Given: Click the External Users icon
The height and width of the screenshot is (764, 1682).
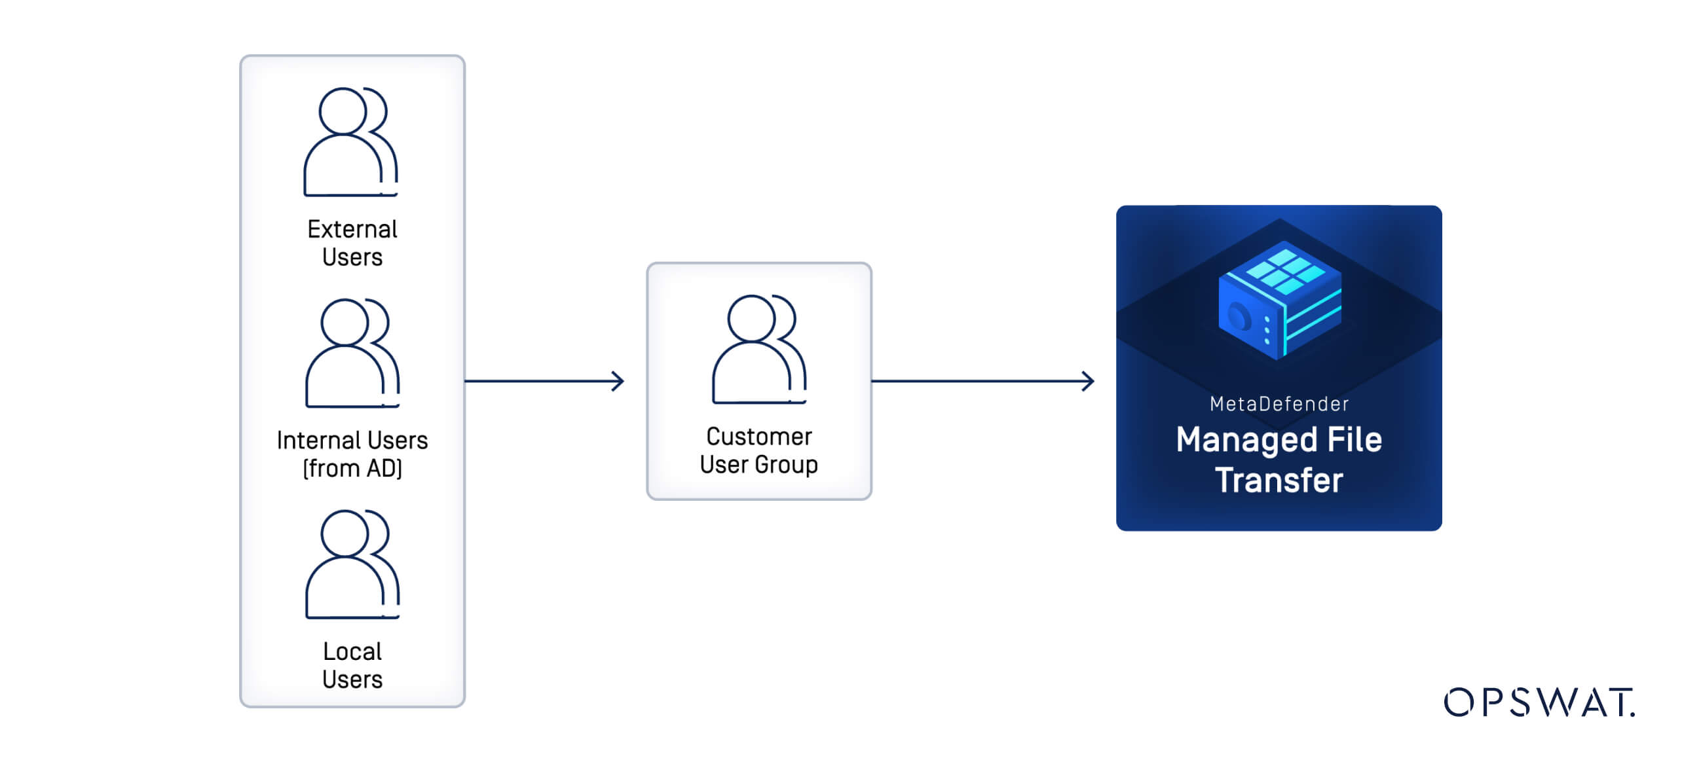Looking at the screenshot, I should [x=350, y=142].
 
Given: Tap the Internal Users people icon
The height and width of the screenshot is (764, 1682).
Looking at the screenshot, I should [x=352, y=354].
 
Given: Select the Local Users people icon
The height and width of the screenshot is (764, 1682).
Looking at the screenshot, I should [x=352, y=564].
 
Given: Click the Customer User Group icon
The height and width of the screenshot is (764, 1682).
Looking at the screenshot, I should [x=759, y=350].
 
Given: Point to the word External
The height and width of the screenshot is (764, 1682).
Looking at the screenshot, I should [x=352, y=229].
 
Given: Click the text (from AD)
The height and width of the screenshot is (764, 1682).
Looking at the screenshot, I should [x=352, y=469].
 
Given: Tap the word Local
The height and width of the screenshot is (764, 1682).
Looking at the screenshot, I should [x=352, y=651].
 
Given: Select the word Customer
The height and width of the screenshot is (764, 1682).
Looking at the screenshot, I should [x=759, y=437].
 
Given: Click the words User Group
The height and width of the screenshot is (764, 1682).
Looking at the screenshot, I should [x=758, y=465].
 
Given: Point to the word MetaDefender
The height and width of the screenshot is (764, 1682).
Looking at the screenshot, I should [x=1279, y=404].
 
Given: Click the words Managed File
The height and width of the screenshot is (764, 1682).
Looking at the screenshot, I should [x=1279, y=440].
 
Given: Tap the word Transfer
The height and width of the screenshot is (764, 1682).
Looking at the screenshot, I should [x=1279, y=481].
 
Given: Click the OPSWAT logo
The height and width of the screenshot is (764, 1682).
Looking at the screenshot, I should [x=1539, y=702].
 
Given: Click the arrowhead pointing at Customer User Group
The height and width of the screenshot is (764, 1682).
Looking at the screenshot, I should [x=618, y=381].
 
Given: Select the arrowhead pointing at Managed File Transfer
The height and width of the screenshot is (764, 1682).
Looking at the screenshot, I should [x=1088, y=381].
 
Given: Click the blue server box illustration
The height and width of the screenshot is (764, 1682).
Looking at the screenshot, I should [x=1279, y=301].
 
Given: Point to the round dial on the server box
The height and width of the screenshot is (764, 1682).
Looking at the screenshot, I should [x=1239, y=318].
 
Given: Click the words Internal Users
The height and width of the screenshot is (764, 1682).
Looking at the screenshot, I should [x=352, y=441].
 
